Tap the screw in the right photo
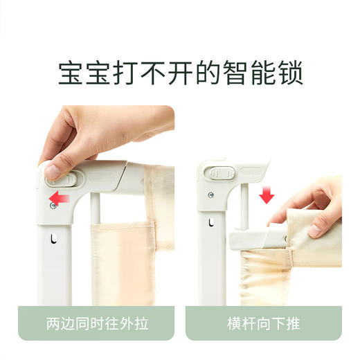coord(210,196)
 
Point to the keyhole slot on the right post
coord(210,224)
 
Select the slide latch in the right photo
coord(221,172)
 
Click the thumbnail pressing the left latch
coord(51,170)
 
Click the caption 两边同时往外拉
coord(96,323)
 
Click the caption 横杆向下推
coord(263,323)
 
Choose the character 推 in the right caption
coord(293,323)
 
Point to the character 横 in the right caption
coord(233,323)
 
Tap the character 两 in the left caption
coord(52,323)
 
